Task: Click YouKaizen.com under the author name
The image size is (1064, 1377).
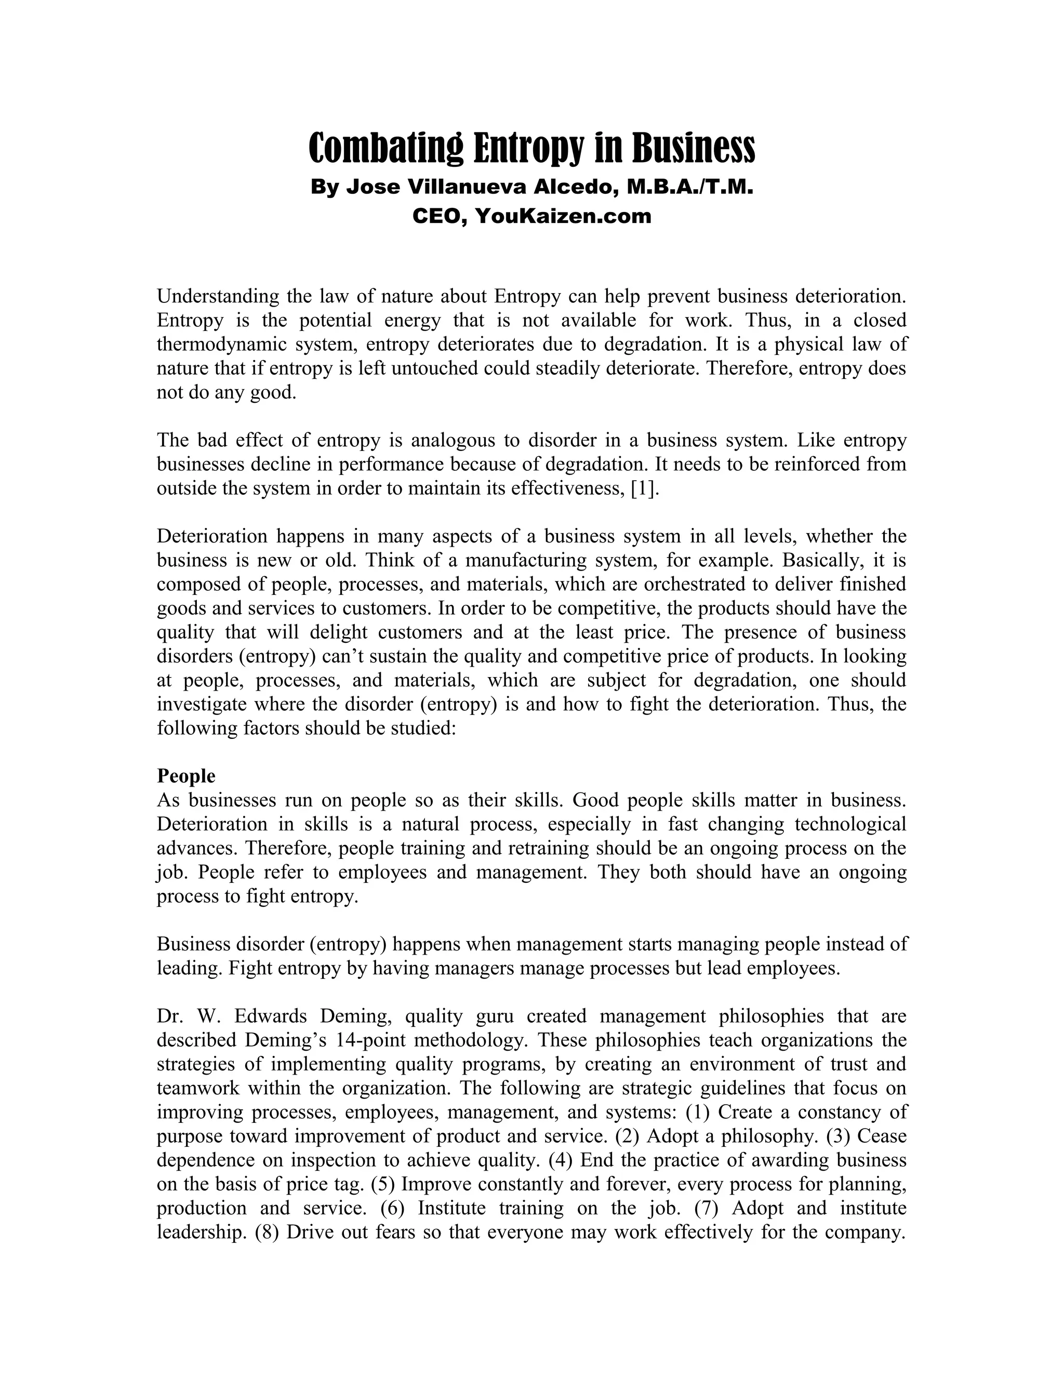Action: pos(562,216)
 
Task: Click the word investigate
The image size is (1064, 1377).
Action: pos(205,704)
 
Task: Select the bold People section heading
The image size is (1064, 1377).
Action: pos(186,775)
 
